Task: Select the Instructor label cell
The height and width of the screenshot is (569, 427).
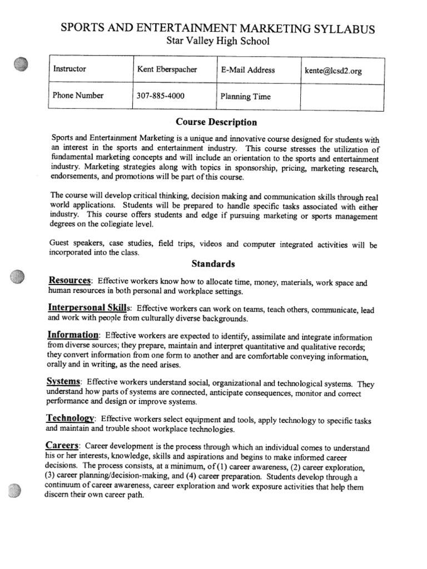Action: tap(69, 69)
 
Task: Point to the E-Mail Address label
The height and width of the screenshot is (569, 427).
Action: tap(247, 70)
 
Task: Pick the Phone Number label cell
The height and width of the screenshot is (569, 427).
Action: tap(78, 95)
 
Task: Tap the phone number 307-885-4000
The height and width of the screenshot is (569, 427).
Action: tap(161, 96)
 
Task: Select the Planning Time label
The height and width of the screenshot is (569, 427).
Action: tap(245, 96)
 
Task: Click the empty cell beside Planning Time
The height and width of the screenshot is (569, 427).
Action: tap(342, 97)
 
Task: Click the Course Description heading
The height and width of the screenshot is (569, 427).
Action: tap(216, 122)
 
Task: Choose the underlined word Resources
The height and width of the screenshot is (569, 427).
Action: tap(69, 281)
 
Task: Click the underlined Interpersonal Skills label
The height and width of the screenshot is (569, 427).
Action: tap(89, 307)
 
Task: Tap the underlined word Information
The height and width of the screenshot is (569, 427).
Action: tap(73, 335)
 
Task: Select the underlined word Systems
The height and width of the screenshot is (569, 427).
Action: tap(64, 382)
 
